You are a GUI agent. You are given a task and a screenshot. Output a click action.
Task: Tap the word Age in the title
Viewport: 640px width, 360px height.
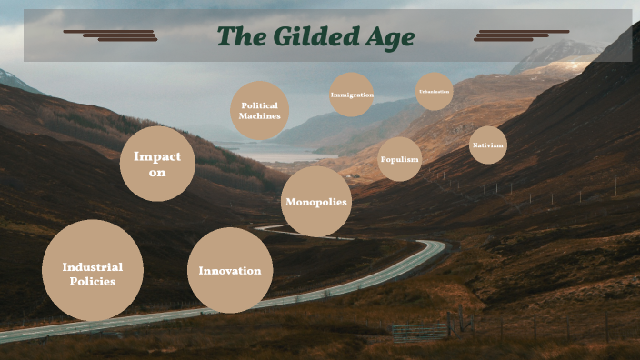point(390,37)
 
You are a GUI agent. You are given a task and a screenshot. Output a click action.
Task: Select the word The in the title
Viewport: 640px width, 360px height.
point(241,37)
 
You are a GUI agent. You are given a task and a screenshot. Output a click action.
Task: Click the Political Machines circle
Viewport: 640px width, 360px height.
point(260,111)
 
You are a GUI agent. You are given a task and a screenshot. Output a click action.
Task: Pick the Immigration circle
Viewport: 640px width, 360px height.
point(351,95)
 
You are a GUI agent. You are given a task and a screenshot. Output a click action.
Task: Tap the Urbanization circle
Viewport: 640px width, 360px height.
point(434,92)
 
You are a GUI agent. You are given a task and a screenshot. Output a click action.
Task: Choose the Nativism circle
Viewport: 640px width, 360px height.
point(488,145)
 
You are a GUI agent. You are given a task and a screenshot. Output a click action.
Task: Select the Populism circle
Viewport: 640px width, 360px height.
point(400,159)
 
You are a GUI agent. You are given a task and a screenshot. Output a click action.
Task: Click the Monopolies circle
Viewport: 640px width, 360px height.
point(316,202)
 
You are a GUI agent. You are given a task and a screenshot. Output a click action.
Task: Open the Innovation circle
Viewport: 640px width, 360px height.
point(230,270)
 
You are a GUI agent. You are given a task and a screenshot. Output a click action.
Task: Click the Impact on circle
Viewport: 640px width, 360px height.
point(157,164)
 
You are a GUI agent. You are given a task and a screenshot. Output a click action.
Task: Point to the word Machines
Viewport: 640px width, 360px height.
point(260,116)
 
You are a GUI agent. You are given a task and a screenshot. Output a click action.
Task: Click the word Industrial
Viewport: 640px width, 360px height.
point(93,266)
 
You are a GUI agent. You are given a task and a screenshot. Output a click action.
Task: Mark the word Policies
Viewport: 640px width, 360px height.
point(93,282)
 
